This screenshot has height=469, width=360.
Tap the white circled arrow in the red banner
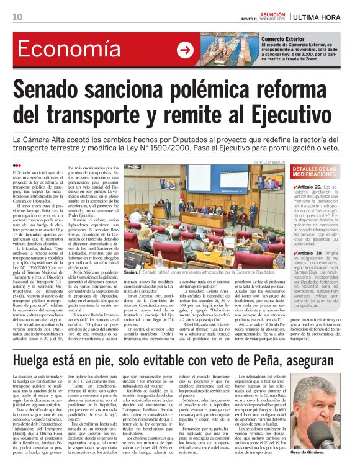point(184,50)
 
